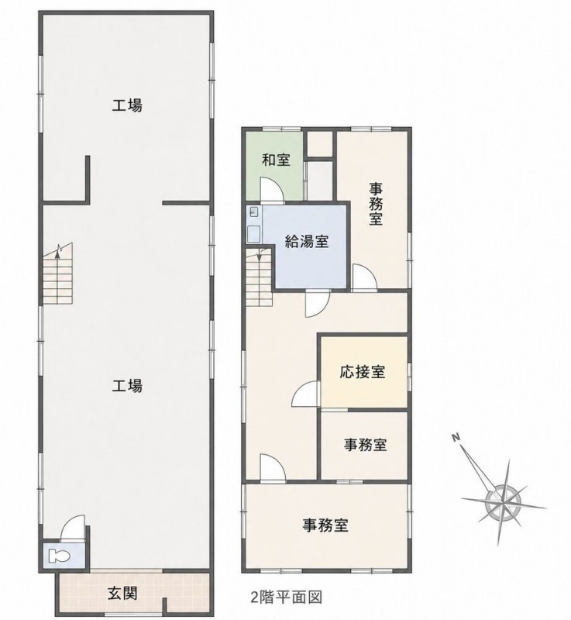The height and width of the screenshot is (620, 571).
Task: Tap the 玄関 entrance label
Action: point(122,593)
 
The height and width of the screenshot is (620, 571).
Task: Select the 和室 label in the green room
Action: point(277,160)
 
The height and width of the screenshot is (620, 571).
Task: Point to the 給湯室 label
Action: point(307,241)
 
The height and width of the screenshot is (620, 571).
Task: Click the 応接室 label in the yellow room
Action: point(362,372)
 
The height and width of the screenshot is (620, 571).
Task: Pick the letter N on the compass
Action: point(456,437)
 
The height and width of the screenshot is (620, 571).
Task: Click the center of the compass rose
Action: point(502,501)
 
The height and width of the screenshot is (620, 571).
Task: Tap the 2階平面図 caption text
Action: point(287,597)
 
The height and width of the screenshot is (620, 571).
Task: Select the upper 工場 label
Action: point(127,105)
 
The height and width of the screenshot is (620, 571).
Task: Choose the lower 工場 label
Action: point(127,385)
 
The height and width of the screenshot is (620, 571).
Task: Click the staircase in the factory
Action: point(58,274)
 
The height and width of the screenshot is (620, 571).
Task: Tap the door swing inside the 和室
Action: point(272,190)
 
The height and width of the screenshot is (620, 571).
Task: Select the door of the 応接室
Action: point(305,394)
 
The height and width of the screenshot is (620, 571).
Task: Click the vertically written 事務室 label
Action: point(376,204)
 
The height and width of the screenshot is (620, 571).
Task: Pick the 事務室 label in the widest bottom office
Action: point(325,525)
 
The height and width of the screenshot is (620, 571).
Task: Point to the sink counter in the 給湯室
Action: point(253,225)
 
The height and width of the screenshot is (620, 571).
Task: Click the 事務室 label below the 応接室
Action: point(365,445)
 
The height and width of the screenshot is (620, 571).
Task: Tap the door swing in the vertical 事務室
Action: point(364,277)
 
